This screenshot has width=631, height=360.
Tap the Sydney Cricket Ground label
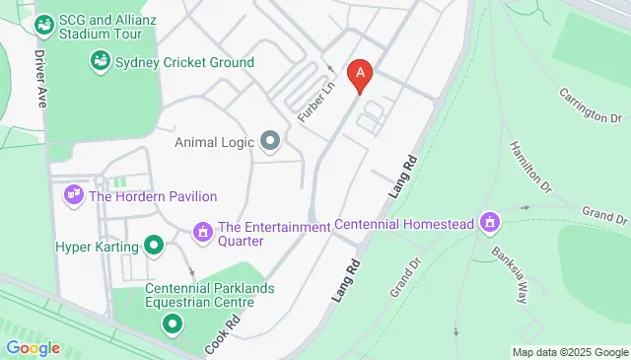pos(184,62)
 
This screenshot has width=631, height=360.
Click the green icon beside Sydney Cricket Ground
pos(100,62)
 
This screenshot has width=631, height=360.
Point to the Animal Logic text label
pos(216,142)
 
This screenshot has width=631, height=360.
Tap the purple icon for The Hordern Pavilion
pos(73,196)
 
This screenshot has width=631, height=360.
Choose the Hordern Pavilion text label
pos(153,196)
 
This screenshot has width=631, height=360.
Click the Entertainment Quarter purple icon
pos(203,233)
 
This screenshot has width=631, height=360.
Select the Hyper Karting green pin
pos(153,245)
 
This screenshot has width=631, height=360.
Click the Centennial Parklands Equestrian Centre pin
pos(173,323)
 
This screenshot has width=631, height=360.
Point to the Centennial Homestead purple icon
pos(488,224)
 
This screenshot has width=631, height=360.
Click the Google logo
pos(33,347)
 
